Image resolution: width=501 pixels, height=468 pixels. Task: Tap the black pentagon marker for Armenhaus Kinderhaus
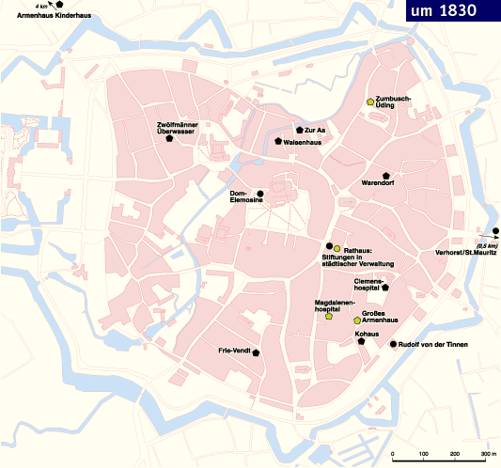[59, 6]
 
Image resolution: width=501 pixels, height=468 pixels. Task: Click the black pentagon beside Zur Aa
[299, 130]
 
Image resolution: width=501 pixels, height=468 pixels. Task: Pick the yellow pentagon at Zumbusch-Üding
[370, 102]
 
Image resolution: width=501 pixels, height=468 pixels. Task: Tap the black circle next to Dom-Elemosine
[259, 195]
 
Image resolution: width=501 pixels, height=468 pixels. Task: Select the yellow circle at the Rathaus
[337, 247]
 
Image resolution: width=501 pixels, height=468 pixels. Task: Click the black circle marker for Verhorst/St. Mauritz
[495, 231]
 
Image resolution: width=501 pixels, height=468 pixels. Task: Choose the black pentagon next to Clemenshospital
[385, 288]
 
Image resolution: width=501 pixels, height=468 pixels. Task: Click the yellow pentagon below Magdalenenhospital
[329, 317]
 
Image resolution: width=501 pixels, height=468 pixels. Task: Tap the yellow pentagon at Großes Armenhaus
[356, 320]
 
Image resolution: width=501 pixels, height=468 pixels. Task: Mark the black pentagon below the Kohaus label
[361, 342]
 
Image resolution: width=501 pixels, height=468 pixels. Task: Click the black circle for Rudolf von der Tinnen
[393, 345]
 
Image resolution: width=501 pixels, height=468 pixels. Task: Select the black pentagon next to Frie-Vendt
[256, 352]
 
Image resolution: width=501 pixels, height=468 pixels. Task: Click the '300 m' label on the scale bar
[487, 454]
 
